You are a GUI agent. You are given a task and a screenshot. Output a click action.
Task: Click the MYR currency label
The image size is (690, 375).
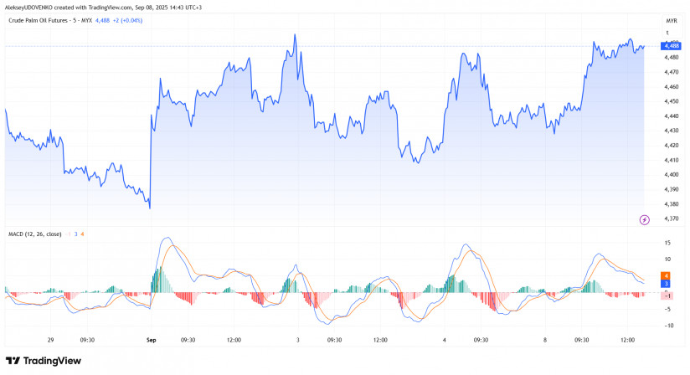671,19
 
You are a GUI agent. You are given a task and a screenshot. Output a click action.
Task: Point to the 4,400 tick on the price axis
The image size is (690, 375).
671,174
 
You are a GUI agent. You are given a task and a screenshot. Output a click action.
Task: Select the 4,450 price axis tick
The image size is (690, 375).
671,101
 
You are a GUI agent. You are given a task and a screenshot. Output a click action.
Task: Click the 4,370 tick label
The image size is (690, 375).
671,218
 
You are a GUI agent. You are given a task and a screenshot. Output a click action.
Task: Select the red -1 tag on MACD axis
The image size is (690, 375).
665,295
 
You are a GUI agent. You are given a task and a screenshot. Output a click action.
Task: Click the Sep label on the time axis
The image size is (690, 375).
152,340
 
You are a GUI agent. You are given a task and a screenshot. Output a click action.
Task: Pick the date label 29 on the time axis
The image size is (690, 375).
50,340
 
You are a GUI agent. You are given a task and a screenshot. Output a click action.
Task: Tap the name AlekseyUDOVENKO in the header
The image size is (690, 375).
33,7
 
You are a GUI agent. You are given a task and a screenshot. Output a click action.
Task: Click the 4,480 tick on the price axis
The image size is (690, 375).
671,57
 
